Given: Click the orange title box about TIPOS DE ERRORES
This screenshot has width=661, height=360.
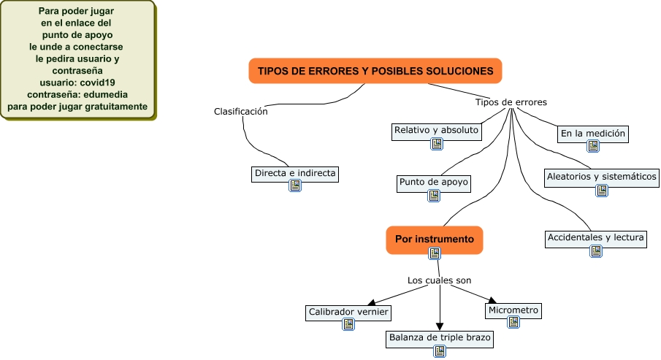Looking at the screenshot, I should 375,71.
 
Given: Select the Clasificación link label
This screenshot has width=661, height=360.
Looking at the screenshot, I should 240,112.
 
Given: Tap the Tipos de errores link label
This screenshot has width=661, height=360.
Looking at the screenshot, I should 511,102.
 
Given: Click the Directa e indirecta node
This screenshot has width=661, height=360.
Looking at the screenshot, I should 295,173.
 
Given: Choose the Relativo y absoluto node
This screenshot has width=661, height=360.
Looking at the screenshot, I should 436,131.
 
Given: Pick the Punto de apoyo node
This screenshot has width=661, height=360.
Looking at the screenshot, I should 434,183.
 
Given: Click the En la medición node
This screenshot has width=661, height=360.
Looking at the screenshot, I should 593,134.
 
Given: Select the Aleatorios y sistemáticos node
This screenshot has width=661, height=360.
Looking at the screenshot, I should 602,177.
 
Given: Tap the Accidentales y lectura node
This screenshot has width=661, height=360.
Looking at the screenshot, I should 596,238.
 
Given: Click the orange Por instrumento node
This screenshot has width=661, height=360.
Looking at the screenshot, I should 435,239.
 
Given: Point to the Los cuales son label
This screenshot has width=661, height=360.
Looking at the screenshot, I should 439,280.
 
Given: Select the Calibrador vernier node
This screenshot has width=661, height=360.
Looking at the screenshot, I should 348,312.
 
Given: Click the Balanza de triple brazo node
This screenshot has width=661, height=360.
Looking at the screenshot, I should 440,338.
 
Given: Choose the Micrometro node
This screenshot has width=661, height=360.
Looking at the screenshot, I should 513,310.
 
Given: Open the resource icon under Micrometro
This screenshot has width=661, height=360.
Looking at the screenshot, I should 513,324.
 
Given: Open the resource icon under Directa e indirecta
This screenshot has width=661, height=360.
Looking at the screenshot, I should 295,186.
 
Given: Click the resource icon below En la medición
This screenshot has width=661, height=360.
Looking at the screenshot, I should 593,146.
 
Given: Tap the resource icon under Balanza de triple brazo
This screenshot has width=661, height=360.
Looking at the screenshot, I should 440,351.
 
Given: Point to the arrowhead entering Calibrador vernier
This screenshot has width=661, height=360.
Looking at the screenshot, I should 372,302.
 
